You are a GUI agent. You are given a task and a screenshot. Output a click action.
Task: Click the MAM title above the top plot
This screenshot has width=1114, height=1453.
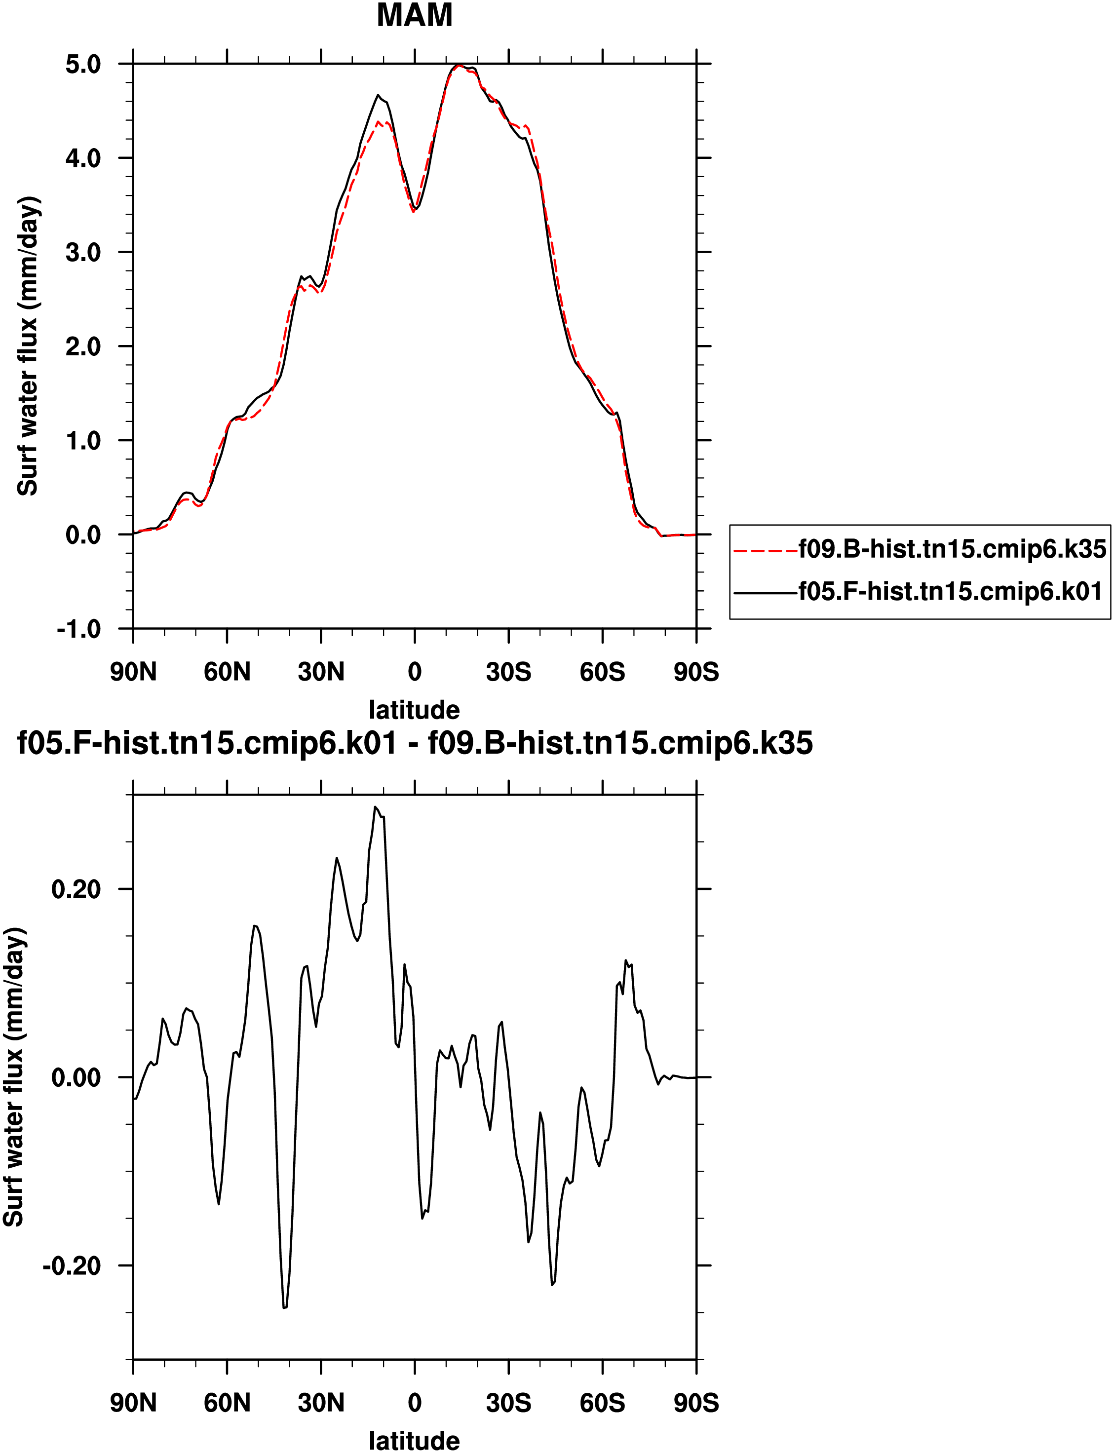click(x=415, y=15)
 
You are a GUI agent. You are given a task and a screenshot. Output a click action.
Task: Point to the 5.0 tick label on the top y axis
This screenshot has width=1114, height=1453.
click(x=83, y=64)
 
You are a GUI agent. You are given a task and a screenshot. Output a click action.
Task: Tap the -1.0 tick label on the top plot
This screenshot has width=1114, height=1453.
click(x=78, y=629)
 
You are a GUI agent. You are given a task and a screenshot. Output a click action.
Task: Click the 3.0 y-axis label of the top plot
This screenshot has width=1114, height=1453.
click(x=83, y=253)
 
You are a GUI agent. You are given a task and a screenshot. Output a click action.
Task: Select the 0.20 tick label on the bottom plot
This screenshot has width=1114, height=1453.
click(x=76, y=889)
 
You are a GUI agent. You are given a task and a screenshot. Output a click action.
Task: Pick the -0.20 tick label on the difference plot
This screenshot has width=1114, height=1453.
click(x=72, y=1266)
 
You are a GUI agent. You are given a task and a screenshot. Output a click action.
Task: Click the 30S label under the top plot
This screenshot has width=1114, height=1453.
click(x=508, y=672)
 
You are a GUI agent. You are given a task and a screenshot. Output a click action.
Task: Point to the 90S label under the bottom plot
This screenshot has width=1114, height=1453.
click(x=696, y=1403)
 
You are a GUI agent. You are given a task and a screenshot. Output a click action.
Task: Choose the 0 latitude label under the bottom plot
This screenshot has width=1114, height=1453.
click(x=415, y=1403)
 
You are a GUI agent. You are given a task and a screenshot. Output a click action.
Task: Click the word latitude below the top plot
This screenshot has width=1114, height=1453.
click(x=415, y=710)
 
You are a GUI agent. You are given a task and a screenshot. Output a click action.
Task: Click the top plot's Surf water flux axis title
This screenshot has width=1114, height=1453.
click(x=28, y=346)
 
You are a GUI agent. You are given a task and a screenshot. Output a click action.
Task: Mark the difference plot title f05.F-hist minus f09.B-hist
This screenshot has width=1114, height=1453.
click(x=415, y=744)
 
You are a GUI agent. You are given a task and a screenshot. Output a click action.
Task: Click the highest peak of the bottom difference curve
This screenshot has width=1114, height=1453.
click(x=375, y=807)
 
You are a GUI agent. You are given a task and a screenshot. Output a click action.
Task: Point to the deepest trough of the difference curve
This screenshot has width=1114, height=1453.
click(x=284, y=1308)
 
